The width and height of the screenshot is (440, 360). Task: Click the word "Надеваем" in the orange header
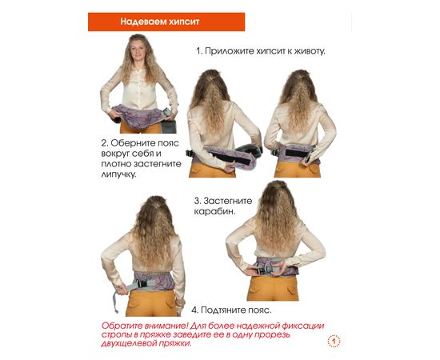pos(143,22)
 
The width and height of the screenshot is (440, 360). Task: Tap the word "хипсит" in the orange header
pos(184,22)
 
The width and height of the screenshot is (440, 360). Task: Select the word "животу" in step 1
pos(310,51)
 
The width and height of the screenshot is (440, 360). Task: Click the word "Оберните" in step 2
pos(131,143)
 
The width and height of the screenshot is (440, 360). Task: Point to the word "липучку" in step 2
pos(118,174)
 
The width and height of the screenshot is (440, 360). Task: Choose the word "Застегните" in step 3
pos(228,201)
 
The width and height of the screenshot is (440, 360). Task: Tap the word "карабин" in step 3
pos(214,211)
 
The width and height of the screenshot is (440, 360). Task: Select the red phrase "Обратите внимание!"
pos(145,326)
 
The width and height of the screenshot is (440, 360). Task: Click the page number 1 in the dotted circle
pos(334,342)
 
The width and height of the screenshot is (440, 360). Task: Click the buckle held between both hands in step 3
pos(264,270)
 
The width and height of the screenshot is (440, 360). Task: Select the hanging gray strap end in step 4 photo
pos(115,302)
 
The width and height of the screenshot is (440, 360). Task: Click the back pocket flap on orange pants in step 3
pos(292,290)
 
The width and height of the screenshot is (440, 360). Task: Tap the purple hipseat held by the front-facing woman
pos(139,117)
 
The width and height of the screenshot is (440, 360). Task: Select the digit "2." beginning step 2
pos(105,143)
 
